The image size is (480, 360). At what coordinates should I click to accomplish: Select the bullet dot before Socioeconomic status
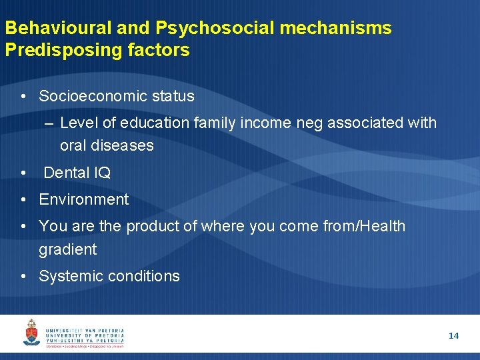pos(23,97)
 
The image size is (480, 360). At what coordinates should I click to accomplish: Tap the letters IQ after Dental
pos(102,173)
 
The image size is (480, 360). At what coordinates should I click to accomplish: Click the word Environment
pos(84,199)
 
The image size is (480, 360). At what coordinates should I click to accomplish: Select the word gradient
pos(68,250)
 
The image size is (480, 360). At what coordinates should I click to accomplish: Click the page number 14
pos(453,336)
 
